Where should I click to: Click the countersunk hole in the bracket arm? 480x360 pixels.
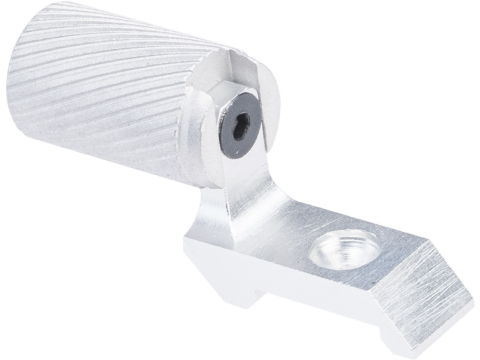(x=336, y=247)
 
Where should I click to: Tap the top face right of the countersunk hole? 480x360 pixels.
(x=390, y=250)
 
